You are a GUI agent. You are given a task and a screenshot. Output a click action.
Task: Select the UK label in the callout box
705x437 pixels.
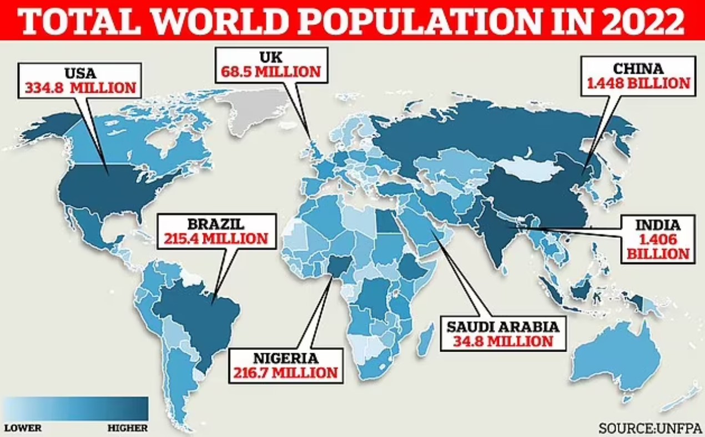(271, 57)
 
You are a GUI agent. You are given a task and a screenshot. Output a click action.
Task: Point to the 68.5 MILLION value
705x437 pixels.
(271, 72)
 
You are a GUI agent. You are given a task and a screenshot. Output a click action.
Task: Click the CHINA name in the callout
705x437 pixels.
(638, 69)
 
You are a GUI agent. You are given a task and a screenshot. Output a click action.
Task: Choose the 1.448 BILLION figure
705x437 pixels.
(638, 84)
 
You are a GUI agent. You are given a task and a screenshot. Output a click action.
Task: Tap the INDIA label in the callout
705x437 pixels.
(658, 226)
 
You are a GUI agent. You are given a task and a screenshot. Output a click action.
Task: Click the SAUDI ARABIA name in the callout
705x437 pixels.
(502, 325)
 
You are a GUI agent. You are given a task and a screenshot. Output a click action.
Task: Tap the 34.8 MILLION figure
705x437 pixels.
(502, 340)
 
